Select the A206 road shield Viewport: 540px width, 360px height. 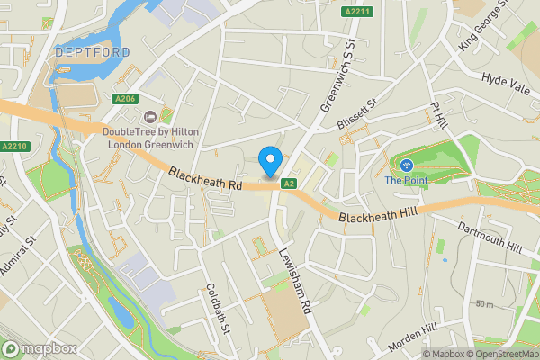(x=125, y=98)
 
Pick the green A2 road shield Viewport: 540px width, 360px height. (x=288, y=184)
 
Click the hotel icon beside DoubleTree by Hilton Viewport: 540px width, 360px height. (x=150, y=115)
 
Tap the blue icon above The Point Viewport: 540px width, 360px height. (x=406, y=165)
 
